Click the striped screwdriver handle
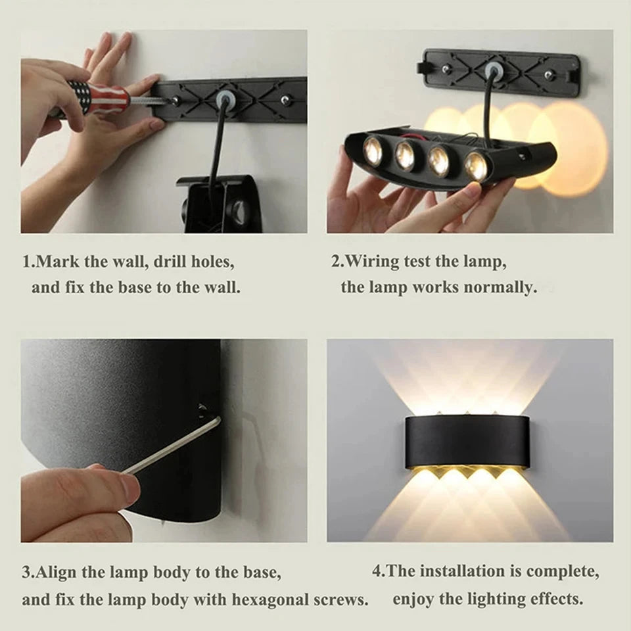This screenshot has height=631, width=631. coord(99,98)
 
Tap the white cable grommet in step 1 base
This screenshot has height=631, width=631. coord(223,100)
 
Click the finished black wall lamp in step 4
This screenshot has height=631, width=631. coord(469,442)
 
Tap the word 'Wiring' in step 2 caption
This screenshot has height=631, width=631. coord(379,261)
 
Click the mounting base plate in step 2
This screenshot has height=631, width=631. coord(502,71)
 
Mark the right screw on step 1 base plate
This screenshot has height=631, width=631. coord(285,99)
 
